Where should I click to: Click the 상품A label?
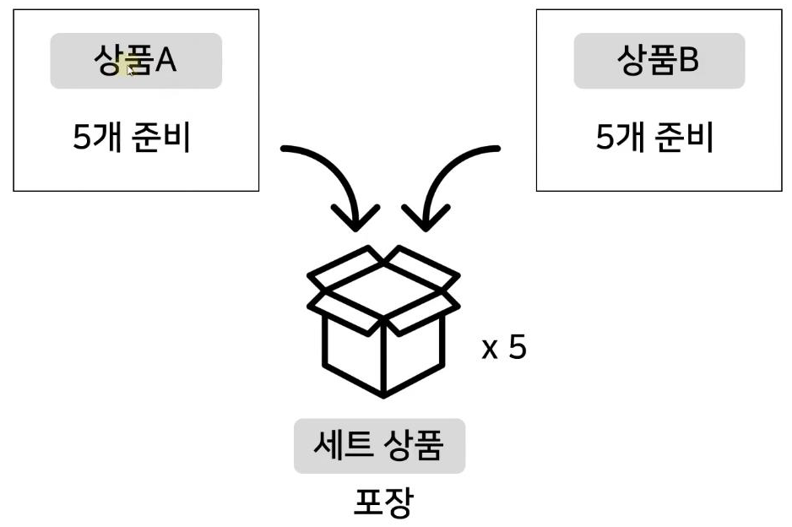click(136, 61)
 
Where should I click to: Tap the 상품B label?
click(659, 61)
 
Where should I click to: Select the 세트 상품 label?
click(379, 446)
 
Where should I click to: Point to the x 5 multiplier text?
click(503, 348)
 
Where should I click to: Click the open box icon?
click(384, 321)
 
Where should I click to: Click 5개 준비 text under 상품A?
click(132, 137)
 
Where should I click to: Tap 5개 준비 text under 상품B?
click(655, 137)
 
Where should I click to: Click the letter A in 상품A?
click(165, 61)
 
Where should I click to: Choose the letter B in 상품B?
click(689, 61)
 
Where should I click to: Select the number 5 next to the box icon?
click(517, 348)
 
